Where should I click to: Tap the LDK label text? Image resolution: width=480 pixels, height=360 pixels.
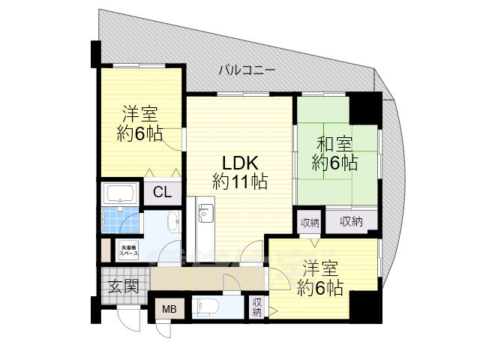click(x=239, y=161)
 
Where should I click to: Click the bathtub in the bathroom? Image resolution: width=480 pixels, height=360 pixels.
click(x=120, y=193)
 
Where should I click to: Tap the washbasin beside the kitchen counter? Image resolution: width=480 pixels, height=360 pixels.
click(x=172, y=222)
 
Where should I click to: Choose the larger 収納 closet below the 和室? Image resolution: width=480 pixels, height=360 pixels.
click(x=351, y=221)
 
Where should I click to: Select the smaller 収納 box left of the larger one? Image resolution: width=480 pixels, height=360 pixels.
click(x=310, y=222)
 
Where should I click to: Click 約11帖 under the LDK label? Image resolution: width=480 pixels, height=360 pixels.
click(x=239, y=181)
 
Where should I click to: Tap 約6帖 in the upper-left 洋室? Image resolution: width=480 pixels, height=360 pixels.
click(x=139, y=135)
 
